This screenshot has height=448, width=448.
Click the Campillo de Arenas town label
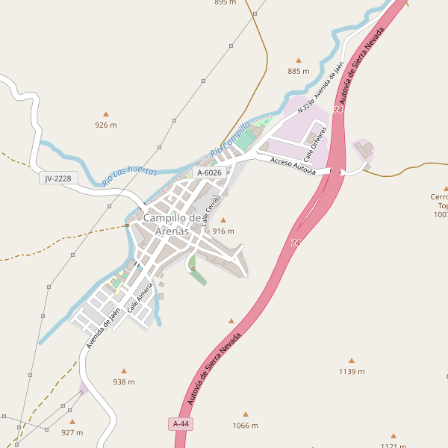(x=172, y=224)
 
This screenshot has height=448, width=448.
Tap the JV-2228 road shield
(x=57, y=178)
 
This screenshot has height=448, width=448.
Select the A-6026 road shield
(x=208, y=172)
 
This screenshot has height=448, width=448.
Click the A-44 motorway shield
(x=181, y=423)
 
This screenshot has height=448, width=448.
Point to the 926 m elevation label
(x=105, y=125)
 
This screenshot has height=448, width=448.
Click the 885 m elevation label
(x=298, y=71)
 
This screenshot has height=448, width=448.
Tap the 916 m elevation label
(x=223, y=231)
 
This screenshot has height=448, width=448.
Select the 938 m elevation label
(x=123, y=382)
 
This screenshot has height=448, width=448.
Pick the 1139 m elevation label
(x=351, y=371)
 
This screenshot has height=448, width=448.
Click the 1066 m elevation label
(x=245, y=426)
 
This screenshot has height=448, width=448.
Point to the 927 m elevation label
(x=72, y=432)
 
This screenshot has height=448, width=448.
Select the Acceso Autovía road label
(x=293, y=165)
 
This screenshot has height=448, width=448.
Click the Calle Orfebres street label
(x=315, y=137)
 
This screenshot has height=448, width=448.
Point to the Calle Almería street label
(x=140, y=296)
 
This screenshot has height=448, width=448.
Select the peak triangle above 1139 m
(x=351, y=360)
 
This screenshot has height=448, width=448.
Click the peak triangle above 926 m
(x=105, y=113)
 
